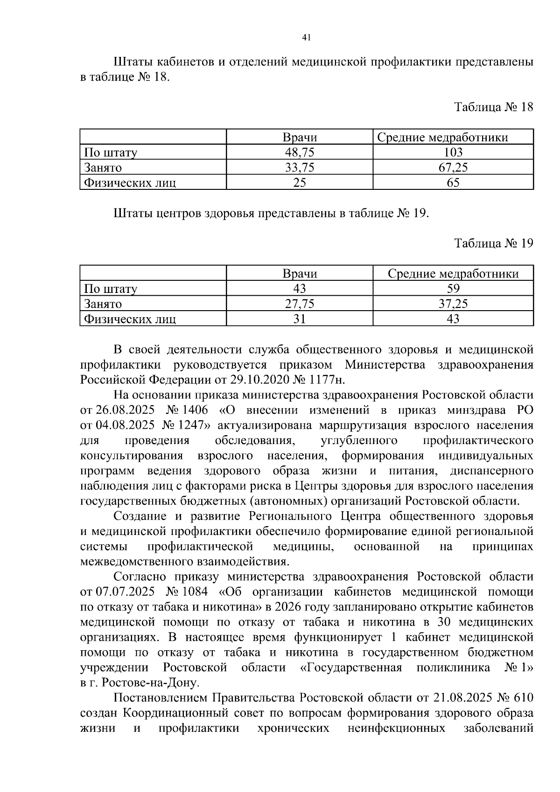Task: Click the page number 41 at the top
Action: click(307, 38)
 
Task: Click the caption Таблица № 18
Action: click(493, 107)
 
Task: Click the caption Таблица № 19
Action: click(493, 243)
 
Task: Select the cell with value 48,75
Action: click(300, 152)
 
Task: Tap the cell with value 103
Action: click(453, 152)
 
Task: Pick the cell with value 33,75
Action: click(300, 167)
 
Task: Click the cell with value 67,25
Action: click(453, 167)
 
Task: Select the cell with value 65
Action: click(453, 182)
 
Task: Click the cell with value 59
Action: click(453, 289)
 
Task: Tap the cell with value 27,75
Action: click(300, 304)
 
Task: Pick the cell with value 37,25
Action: click(453, 304)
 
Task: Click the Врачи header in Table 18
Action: click(300, 137)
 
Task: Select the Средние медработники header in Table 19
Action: click(453, 274)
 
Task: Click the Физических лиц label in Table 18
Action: click(129, 182)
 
